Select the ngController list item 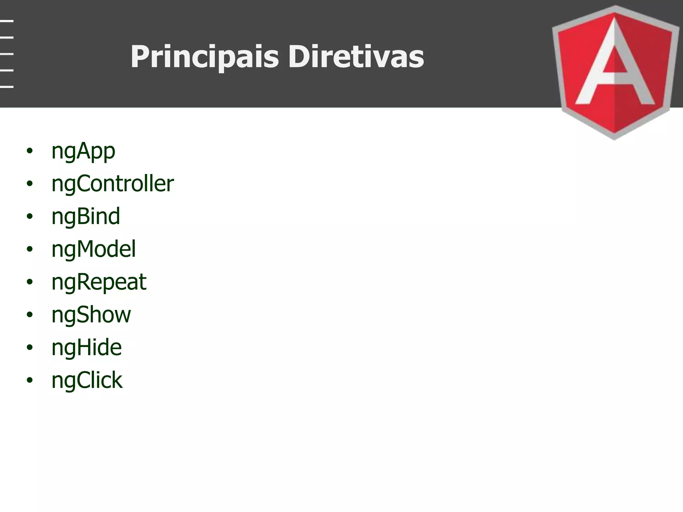click(112, 184)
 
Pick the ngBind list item click(86, 216)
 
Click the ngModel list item click(94, 249)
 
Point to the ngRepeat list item click(99, 282)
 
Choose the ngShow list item click(91, 315)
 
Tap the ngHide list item click(86, 347)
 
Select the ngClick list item click(87, 380)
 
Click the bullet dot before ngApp click(30, 151)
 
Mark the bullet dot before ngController click(30, 184)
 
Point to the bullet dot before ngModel click(30, 249)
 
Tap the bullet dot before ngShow click(30, 315)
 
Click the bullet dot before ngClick click(30, 380)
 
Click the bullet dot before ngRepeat click(30, 282)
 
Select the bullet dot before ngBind click(30, 216)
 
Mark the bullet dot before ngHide click(30, 347)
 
